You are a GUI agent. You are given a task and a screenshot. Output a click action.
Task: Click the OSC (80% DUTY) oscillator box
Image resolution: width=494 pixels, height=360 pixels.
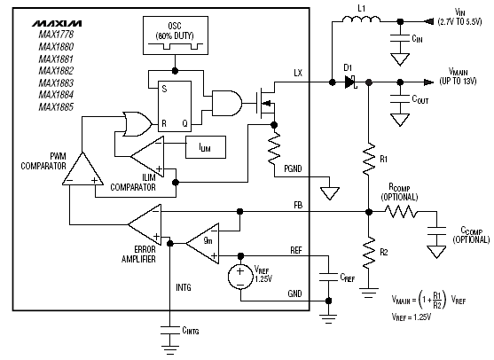click(x=176, y=35)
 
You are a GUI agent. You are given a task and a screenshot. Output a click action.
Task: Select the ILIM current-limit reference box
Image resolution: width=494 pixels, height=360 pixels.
click(x=206, y=147)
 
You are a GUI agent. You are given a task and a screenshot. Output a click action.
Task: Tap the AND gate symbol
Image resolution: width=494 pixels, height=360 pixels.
click(x=227, y=104)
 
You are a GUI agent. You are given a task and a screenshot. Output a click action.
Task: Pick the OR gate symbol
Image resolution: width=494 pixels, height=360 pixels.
click(x=137, y=124)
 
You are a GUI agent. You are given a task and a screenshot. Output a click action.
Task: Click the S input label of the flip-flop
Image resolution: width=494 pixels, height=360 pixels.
click(x=164, y=89)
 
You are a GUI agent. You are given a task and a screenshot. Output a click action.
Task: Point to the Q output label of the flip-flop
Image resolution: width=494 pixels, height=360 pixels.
click(x=185, y=123)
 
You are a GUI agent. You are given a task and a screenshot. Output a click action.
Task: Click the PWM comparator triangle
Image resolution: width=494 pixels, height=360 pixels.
click(x=82, y=168)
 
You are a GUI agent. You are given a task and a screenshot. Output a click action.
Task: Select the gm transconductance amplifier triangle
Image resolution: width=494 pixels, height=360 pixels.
click(x=202, y=243)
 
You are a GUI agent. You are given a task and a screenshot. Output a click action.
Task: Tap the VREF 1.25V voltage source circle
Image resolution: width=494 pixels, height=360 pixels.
click(x=240, y=277)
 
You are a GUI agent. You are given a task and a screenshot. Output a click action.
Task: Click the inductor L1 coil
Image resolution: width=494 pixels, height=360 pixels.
click(x=361, y=20)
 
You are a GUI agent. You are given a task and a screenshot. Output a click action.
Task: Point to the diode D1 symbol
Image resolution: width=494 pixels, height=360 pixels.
click(x=350, y=82)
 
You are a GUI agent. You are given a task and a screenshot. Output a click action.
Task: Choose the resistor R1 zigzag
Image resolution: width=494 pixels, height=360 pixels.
click(x=369, y=159)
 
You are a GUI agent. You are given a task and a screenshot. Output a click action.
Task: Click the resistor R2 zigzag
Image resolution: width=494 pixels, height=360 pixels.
click(x=369, y=251)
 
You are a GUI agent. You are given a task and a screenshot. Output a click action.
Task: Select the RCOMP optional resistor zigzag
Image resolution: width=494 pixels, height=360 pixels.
click(x=400, y=212)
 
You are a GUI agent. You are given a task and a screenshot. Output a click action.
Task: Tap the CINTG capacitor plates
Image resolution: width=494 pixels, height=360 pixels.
click(x=169, y=331)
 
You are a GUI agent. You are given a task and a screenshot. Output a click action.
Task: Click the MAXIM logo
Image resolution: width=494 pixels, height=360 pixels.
click(x=57, y=24)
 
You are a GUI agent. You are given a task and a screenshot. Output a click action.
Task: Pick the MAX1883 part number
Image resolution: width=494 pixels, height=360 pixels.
click(x=56, y=82)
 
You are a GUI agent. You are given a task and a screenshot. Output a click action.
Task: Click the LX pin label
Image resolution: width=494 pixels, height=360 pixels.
click(x=298, y=73)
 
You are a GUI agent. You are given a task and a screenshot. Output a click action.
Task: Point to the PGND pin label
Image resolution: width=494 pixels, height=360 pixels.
click(x=293, y=168)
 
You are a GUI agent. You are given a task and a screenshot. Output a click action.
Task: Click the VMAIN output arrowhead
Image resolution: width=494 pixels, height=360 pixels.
click(x=428, y=82)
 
